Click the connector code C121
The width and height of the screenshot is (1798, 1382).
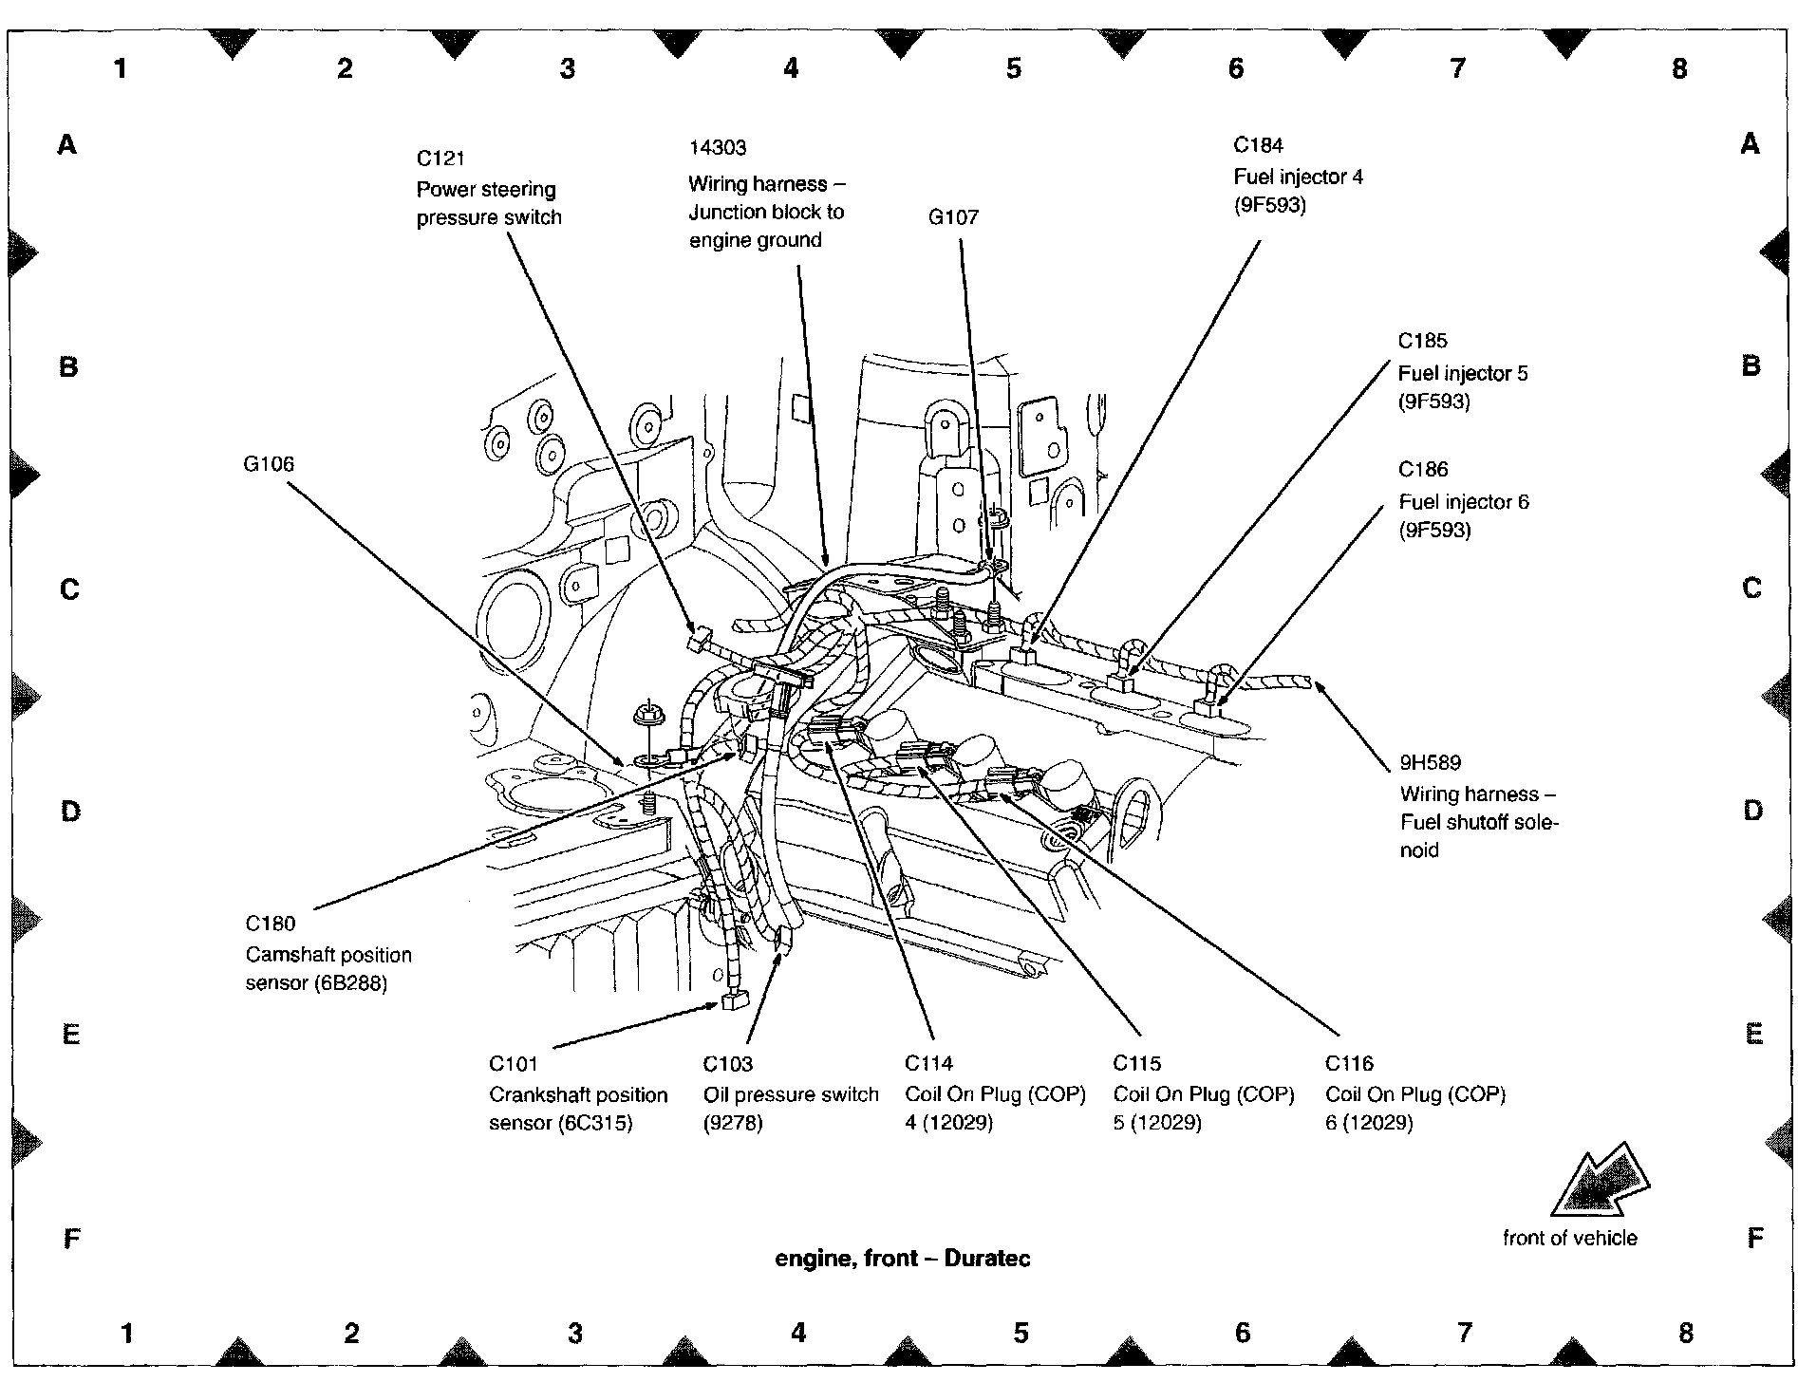[440, 159]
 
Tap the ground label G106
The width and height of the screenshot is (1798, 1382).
[269, 464]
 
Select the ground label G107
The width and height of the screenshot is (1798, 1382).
[953, 217]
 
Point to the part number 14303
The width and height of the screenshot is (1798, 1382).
[718, 148]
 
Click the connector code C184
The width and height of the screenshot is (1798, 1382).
[1259, 145]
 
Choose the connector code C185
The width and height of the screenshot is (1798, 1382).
[1423, 341]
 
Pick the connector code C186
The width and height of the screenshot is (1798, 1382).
[1424, 470]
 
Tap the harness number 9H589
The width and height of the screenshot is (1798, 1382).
[1431, 762]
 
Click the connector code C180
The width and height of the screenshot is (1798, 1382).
[271, 924]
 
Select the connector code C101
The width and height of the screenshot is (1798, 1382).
[514, 1064]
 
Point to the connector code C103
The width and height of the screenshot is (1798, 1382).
[728, 1064]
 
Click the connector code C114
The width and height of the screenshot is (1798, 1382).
[929, 1063]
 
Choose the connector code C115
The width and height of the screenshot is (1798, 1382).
[1137, 1063]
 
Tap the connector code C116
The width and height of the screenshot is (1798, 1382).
[1350, 1063]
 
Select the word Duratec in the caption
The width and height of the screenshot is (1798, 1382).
[987, 1259]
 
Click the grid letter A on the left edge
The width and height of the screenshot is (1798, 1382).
[67, 144]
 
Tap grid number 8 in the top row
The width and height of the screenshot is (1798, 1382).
[1679, 68]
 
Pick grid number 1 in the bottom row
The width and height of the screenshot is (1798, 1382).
[127, 1334]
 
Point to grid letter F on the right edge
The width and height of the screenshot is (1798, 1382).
[1754, 1238]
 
